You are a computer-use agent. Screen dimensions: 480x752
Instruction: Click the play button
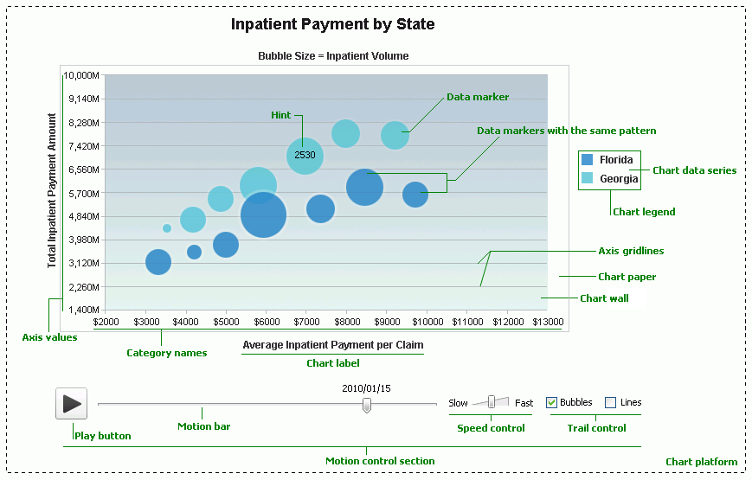72,403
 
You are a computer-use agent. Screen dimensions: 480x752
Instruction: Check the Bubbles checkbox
552,402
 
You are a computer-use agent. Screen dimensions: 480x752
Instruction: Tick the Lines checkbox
610,402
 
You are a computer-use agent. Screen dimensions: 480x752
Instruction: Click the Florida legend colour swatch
588,160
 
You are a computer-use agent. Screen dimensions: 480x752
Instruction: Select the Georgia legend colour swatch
588,179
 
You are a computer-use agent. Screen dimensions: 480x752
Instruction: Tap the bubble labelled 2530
305,156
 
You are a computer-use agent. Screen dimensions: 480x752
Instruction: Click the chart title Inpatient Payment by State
332,24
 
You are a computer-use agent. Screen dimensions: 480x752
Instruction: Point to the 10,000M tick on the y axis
83,75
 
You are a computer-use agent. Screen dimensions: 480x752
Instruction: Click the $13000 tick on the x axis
547,323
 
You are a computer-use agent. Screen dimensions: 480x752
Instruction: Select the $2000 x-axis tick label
106,323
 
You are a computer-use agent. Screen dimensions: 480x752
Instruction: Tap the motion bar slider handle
367,404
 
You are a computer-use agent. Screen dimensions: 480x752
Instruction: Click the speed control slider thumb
492,401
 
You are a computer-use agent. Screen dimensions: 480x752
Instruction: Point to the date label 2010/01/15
366,388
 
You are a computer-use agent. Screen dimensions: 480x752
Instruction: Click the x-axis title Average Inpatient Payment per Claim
332,345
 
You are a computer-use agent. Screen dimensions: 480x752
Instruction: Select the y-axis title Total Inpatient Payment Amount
52,191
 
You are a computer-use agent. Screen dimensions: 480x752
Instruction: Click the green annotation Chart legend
644,212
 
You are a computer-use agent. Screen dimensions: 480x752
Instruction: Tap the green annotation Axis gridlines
631,251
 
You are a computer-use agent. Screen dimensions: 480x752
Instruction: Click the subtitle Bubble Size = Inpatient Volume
333,56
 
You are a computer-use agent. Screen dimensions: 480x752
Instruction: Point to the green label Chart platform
701,462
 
